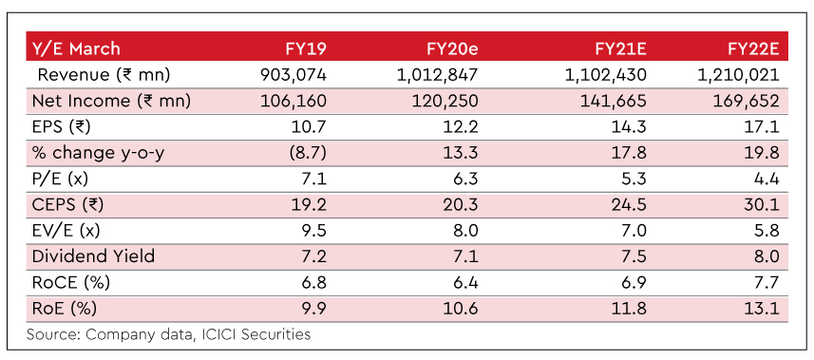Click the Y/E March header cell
tap(76, 48)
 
